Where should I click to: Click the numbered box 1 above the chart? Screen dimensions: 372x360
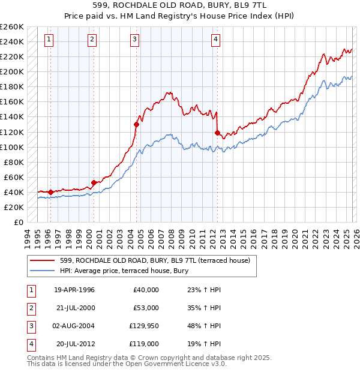[x=49, y=40]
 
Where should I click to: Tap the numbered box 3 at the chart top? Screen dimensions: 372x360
[x=134, y=40]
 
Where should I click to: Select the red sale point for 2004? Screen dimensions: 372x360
[x=137, y=125]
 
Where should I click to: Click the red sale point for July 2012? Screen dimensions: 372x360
[x=217, y=133]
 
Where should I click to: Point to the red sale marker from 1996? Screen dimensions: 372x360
[x=51, y=192]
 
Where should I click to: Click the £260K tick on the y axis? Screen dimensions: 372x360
[x=12, y=27]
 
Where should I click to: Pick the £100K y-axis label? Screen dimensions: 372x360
[x=12, y=147]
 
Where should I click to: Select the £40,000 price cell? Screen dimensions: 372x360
[x=146, y=289]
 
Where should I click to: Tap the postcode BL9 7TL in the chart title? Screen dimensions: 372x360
[x=255, y=4]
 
